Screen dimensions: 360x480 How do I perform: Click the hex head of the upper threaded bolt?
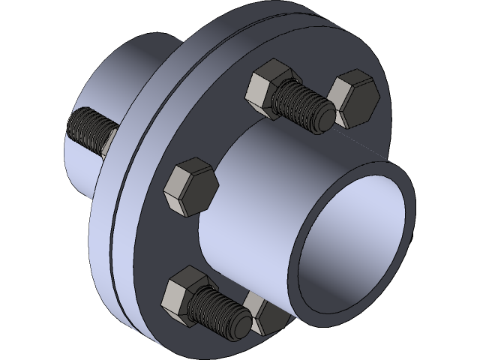point(265,88)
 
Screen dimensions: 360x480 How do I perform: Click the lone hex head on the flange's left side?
point(189,186)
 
